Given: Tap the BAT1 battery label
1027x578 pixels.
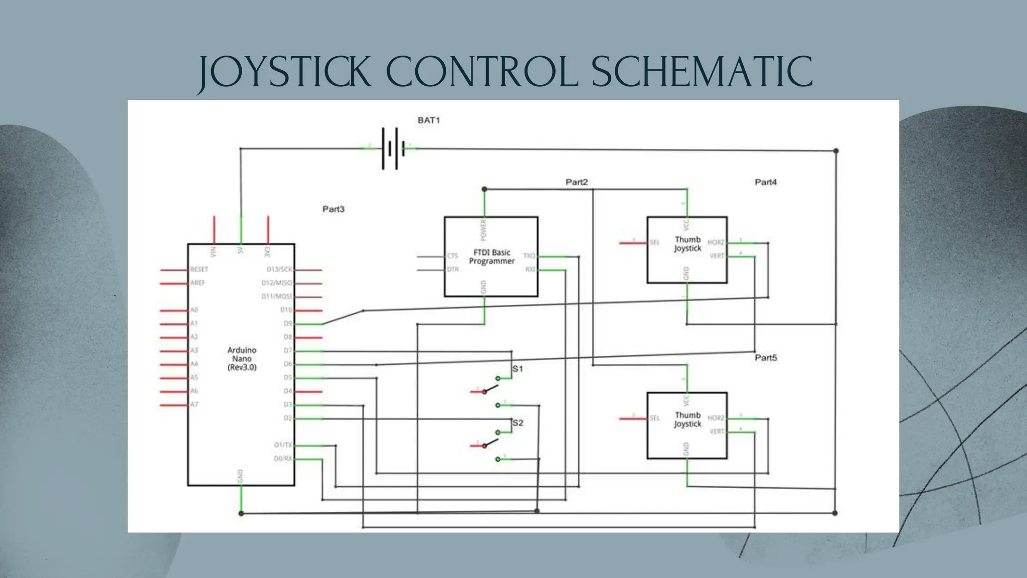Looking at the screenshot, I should (429, 120).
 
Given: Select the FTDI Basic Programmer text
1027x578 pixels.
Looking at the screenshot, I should (491, 257).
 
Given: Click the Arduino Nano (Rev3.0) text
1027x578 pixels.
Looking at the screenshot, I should (242, 359).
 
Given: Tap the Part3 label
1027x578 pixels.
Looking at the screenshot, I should (333, 209).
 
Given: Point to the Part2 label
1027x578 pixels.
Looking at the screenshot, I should (577, 182).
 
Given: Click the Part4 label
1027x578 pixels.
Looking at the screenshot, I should (766, 182).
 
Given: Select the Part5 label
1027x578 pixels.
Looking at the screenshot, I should (766, 358).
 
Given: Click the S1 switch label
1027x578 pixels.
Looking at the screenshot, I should (518, 369).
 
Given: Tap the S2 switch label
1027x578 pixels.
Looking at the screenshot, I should (518, 423).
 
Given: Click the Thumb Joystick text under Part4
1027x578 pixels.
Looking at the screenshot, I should (688, 244).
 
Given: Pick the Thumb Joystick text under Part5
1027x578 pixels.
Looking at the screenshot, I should (688, 419).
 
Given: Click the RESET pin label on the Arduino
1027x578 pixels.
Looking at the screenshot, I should (199, 269).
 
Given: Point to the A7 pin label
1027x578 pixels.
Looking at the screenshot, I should (194, 404).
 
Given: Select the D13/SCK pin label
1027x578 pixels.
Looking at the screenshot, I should (279, 269).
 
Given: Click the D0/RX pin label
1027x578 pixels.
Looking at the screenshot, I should (283, 459).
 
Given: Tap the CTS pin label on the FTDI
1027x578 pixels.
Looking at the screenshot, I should (452, 256).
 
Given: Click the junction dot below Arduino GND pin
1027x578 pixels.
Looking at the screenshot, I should (241, 513).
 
